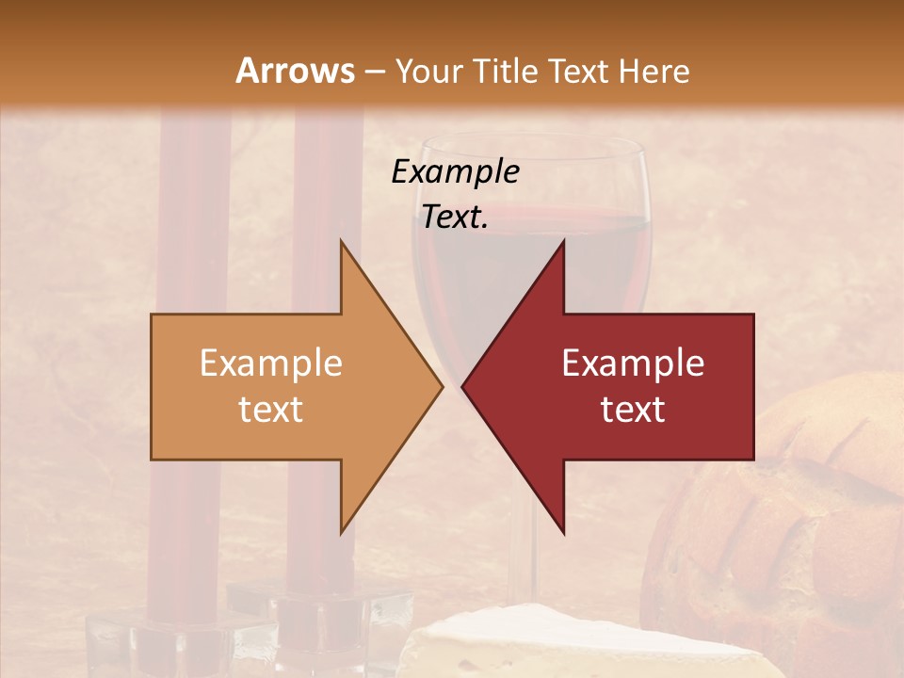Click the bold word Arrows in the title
295,71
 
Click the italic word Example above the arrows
455,172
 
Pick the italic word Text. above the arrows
455,218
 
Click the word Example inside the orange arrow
271,363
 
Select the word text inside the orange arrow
271,410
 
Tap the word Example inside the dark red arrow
633,363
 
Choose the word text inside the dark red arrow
633,410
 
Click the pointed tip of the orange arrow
442,386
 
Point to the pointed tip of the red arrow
463,386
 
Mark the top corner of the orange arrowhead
341,241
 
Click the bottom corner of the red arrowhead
563,532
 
